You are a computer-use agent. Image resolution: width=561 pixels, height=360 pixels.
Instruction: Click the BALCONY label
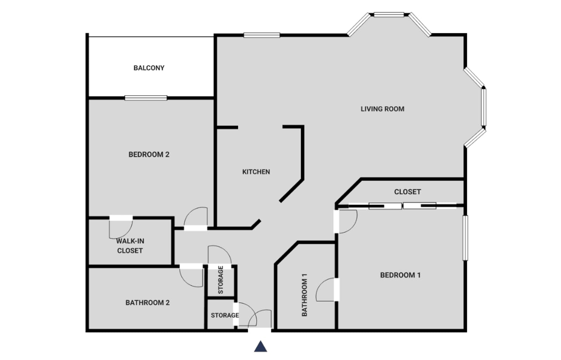pos(149,68)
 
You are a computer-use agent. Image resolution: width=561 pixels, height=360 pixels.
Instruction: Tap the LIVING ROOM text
pos(382,109)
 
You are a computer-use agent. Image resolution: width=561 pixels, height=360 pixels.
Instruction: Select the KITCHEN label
pos(256,172)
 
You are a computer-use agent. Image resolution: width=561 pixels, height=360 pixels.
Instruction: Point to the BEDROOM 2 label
pos(149,155)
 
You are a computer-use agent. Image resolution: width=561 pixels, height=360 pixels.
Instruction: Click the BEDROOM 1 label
pos(400,275)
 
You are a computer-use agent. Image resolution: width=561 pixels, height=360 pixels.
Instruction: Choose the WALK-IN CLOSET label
pos(130,246)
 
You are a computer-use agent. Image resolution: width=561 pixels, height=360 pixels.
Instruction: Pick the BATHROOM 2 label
pos(148,303)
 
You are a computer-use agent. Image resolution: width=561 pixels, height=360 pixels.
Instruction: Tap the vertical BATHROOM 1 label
pos(304,295)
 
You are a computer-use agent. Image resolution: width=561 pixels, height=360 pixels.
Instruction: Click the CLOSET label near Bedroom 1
pos(407,192)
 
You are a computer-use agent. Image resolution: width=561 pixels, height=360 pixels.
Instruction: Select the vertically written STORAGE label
pos(220,280)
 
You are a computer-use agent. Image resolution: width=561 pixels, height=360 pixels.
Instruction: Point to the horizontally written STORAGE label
pos(225,315)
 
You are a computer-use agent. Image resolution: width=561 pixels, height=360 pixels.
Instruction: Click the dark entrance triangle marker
pos(261,346)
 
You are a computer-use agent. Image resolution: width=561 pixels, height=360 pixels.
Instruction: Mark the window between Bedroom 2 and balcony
pos(146,98)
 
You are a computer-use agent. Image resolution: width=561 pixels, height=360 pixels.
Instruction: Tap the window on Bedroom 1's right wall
pos(465,238)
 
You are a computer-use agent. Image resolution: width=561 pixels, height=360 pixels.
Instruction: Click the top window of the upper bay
pos(389,15)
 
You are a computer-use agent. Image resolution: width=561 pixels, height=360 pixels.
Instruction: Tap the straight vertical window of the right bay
pos(484,107)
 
